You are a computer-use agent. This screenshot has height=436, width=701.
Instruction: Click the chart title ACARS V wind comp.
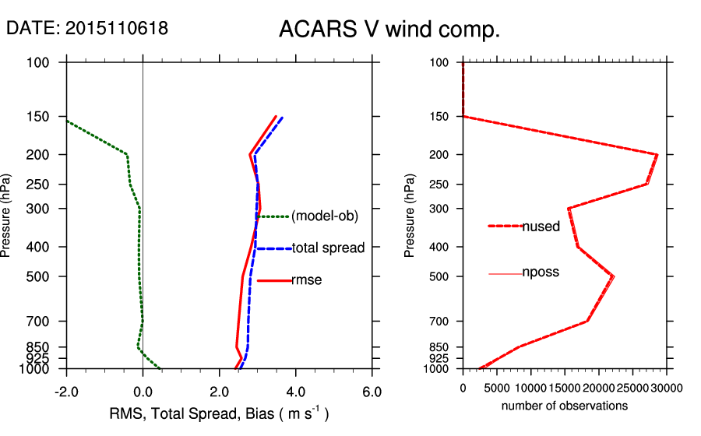[389, 30]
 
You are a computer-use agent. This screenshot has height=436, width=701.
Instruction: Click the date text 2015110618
[116, 29]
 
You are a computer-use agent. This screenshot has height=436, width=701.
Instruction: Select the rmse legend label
[306, 280]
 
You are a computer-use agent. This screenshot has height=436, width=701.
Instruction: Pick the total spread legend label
[328, 248]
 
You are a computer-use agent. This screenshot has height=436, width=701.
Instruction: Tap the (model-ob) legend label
[325, 216]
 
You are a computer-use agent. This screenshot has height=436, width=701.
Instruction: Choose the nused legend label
[541, 227]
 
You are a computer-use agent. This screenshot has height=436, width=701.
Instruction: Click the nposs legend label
[541, 272]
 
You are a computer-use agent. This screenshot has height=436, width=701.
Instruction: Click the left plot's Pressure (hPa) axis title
[6, 216]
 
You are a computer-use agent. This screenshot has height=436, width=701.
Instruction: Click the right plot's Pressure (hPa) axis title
[410, 216]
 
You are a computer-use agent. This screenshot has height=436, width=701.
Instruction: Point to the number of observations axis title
[565, 406]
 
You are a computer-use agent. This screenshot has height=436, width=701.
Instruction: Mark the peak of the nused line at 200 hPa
[657, 154]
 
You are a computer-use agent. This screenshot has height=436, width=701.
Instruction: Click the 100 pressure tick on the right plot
[439, 62]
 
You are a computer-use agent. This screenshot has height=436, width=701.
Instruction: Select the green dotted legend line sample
[273, 216]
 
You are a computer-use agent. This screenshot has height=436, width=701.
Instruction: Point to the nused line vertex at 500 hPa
[614, 276]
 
